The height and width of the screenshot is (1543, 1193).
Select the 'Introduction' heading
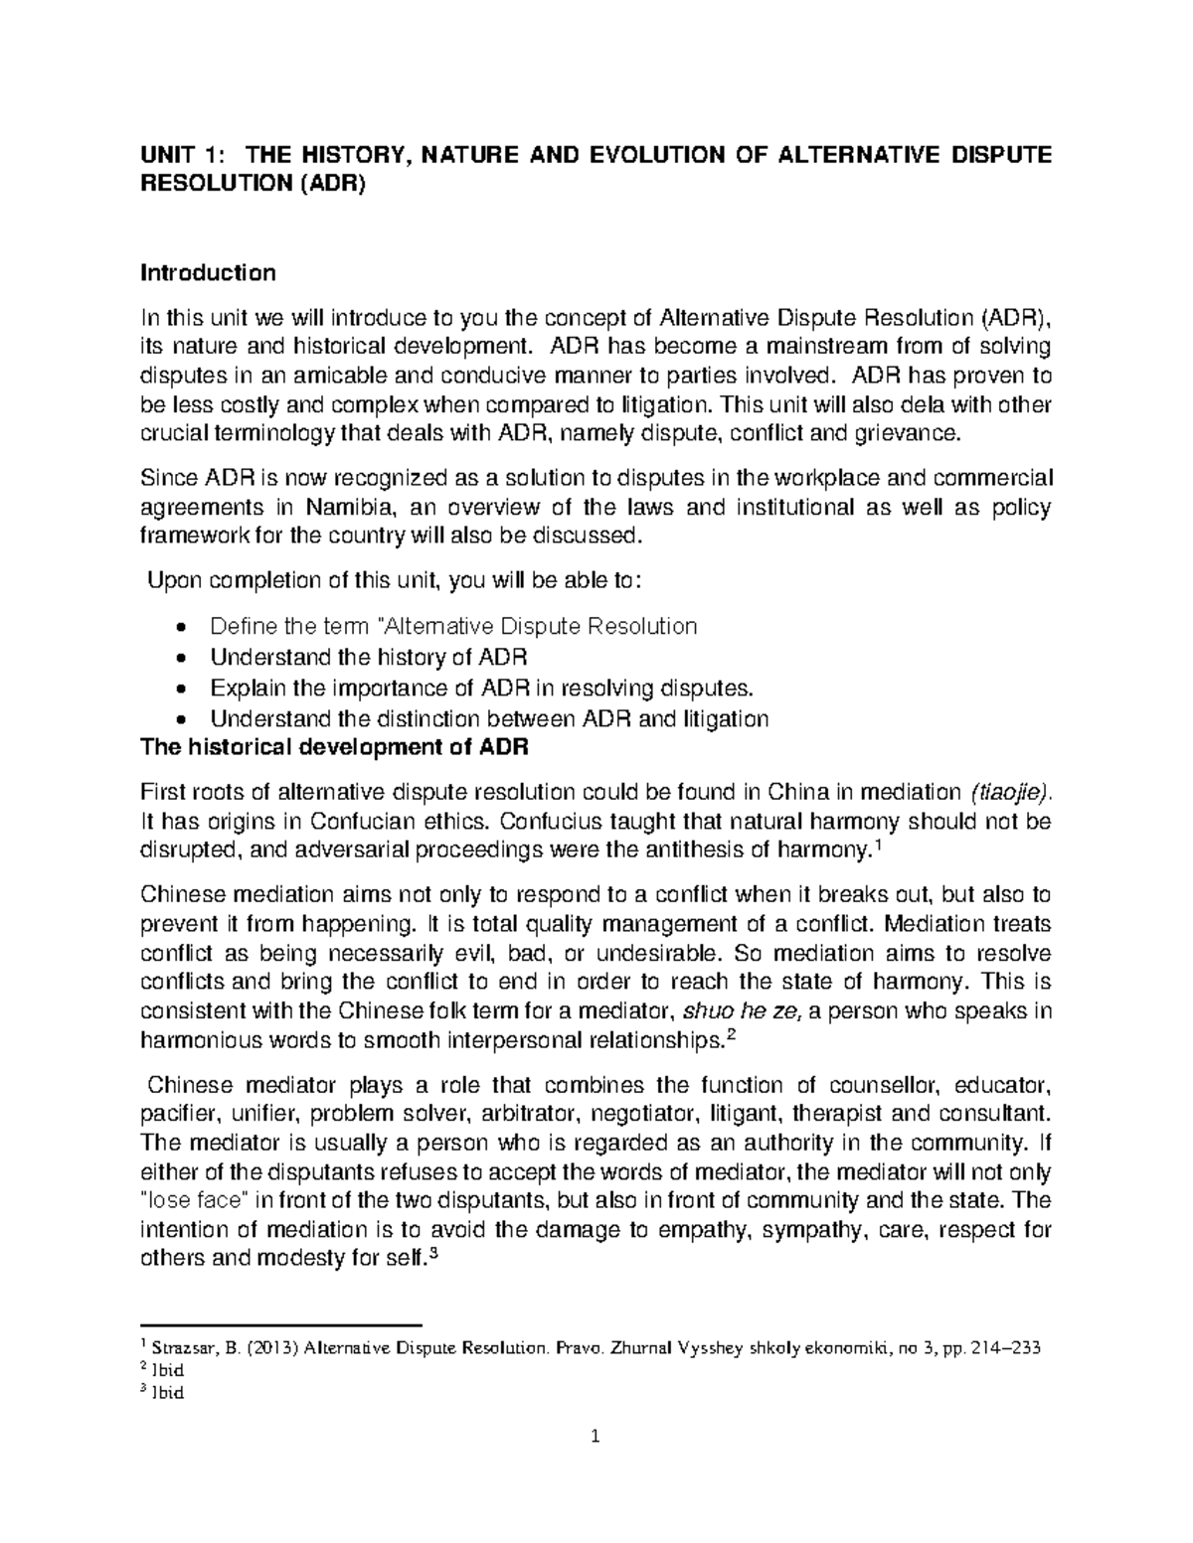click(x=208, y=272)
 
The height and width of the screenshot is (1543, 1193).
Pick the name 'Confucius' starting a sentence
click(x=540, y=822)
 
